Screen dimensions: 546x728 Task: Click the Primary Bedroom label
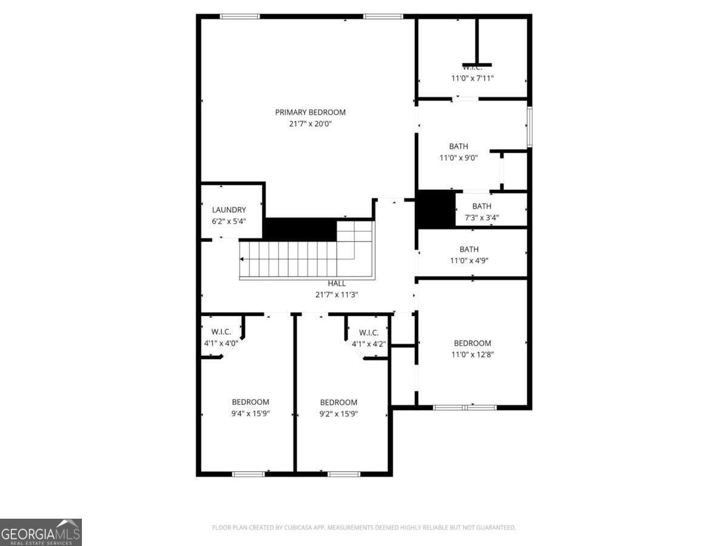(x=310, y=112)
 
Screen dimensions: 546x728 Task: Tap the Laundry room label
(x=229, y=210)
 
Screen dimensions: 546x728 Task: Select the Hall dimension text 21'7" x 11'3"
(x=337, y=294)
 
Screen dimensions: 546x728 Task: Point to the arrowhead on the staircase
(x=243, y=259)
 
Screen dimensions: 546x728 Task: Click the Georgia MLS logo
(x=41, y=532)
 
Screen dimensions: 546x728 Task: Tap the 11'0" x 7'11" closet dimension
(x=472, y=78)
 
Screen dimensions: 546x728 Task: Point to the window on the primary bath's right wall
(x=529, y=127)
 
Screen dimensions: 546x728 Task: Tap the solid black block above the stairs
(x=300, y=229)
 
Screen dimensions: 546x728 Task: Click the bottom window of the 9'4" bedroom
(x=249, y=474)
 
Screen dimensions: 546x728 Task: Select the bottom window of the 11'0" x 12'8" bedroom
(x=465, y=408)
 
